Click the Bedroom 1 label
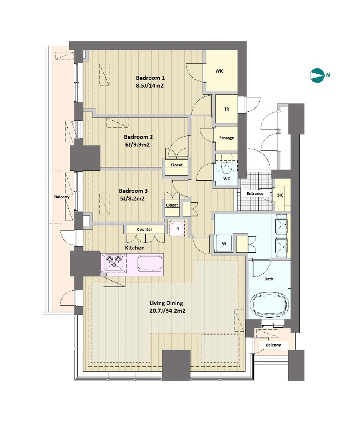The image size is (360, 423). click(150, 78)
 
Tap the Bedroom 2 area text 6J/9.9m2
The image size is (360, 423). click(137, 145)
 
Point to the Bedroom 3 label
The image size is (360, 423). click(133, 191)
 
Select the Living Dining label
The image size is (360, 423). click(166, 303)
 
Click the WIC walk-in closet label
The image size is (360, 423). click(220, 71)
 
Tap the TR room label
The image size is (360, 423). click(227, 109)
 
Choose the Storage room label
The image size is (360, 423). click(227, 138)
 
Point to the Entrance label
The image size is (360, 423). click(255, 194)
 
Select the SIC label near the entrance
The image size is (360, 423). click(280, 195)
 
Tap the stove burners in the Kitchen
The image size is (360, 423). click(114, 262)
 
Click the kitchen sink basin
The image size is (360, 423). click(149, 263)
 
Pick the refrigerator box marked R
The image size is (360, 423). click(177, 229)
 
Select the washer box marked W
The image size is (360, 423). click(224, 243)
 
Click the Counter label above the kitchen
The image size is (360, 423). click(145, 230)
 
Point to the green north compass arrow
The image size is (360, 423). click(317, 75)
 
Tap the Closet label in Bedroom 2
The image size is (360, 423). click(177, 165)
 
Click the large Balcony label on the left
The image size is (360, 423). click(62, 197)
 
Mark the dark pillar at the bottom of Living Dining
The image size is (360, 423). click(176, 365)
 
